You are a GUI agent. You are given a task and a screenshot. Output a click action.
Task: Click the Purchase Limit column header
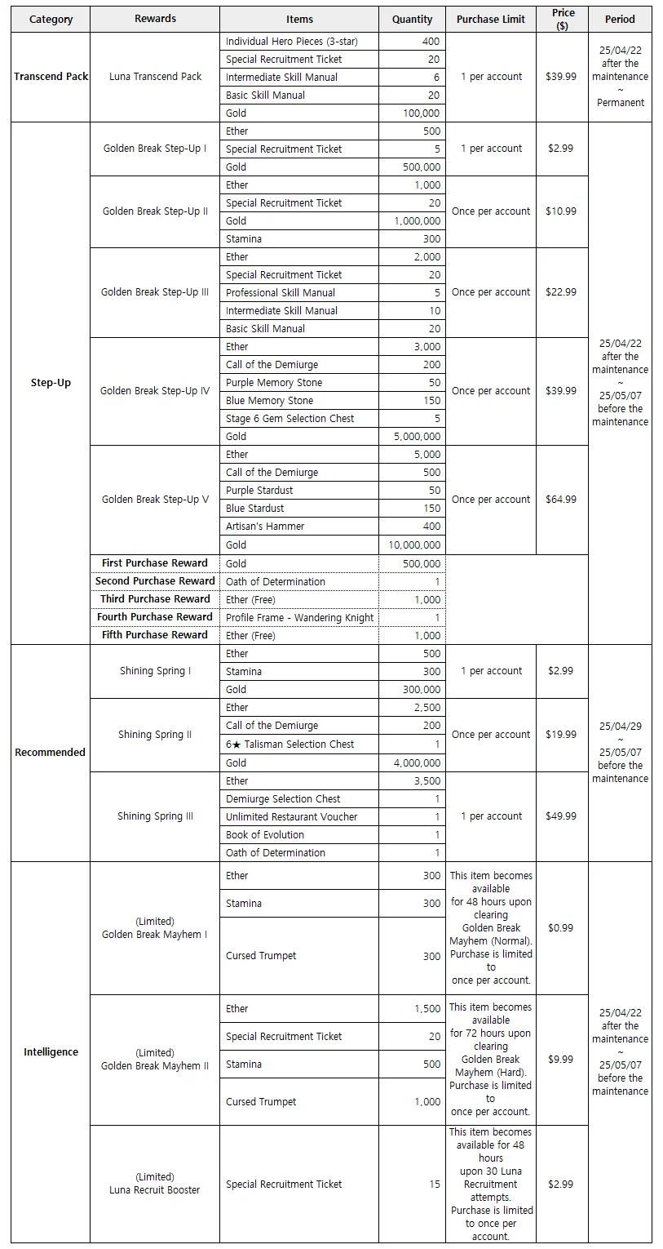click(x=491, y=19)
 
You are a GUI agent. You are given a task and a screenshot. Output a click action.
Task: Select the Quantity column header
click(x=412, y=19)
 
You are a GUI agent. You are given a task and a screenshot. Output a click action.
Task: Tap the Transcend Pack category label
click(x=51, y=77)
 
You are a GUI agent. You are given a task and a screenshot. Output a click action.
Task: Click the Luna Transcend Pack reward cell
click(x=155, y=77)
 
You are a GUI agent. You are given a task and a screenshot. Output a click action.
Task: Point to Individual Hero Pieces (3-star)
click(x=291, y=41)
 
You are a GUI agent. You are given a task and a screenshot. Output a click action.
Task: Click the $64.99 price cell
click(x=561, y=500)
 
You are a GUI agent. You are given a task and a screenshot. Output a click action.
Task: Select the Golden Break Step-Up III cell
click(x=155, y=292)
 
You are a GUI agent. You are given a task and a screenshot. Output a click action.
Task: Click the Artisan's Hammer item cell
click(x=265, y=527)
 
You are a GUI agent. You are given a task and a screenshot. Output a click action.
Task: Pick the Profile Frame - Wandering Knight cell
click(x=299, y=618)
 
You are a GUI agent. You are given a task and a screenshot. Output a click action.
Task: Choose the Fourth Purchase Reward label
click(x=155, y=617)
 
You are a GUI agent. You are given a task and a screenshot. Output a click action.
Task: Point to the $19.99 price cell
click(x=561, y=735)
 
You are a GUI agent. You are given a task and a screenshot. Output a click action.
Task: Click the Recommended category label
click(x=51, y=753)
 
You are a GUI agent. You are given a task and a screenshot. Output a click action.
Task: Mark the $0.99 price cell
click(x=561, y=928)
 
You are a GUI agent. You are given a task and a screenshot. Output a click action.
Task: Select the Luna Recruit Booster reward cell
click(x=155, y=1184)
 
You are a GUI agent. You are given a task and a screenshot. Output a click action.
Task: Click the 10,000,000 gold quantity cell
click(x=412, y=545)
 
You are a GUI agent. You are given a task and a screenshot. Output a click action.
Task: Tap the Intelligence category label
click(x=51, y=1052)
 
